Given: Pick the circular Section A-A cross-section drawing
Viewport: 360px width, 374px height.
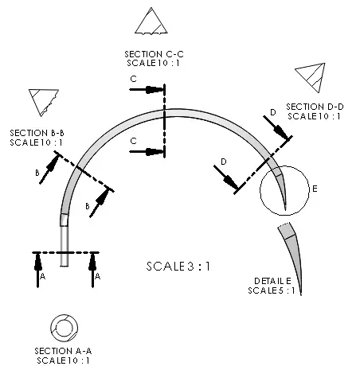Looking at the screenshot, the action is coord(64,328).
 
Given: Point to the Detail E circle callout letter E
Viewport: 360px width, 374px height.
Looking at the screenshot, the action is coord(315,189).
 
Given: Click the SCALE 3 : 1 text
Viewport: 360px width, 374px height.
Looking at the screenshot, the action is coord(178,267).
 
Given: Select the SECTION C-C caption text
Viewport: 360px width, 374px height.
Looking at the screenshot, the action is coord(154,54).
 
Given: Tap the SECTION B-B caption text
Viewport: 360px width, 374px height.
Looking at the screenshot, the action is coord(37,133).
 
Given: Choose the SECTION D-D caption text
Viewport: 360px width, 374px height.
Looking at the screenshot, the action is coord(315,107).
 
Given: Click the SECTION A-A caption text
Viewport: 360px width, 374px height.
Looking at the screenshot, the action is coord(63,351).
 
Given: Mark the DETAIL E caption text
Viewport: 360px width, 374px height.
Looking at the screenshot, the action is coord(272,281).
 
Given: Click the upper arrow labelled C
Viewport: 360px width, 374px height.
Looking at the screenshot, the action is coord(147,90).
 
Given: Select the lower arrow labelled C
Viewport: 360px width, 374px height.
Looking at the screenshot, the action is coord(147,152).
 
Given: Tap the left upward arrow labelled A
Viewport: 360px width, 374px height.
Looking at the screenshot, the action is coord(37,270).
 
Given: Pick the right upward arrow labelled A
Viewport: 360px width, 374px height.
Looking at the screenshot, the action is coord(92,270).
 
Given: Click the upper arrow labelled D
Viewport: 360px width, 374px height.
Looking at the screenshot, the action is coord(276,127).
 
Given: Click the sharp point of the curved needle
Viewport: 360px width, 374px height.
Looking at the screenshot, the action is coord(285,210).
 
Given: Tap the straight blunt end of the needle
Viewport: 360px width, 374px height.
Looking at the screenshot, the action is coord(65,266).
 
